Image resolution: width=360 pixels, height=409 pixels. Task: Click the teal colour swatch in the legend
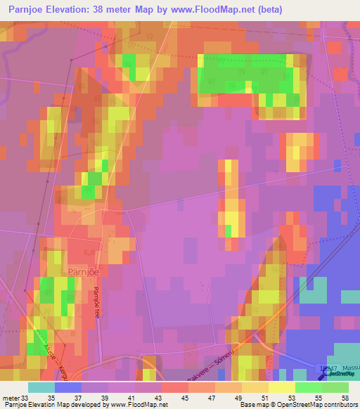(41, 387)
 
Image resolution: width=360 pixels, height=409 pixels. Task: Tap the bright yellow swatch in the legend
(282, 387)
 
